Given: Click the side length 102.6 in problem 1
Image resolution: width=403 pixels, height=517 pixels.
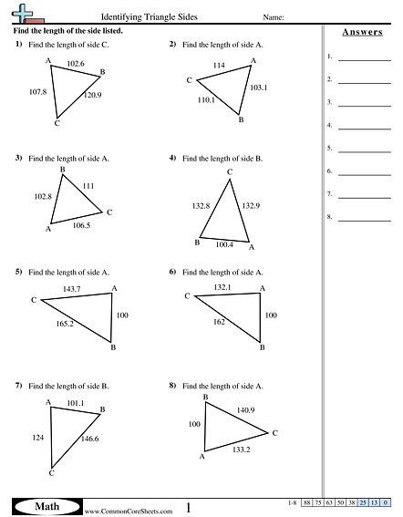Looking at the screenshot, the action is [x=76, y=64].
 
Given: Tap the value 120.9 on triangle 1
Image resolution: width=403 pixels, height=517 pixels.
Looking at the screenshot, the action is [x=92, y=95].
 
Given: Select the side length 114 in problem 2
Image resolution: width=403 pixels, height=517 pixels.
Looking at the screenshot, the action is [x=219, y=67].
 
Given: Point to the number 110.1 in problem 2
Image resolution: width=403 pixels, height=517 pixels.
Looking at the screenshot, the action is [x=206, y=99].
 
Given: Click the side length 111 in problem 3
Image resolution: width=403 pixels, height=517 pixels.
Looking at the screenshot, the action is [x=88, y=186].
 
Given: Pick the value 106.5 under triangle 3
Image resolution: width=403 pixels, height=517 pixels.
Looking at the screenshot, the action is [x=81, y=225].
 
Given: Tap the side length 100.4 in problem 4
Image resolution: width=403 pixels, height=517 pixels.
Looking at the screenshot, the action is [x=224, y=244].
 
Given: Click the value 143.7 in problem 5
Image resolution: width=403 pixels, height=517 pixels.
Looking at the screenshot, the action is [x=72, y=289].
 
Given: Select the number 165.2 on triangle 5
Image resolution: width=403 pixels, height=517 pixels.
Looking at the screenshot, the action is [x=64, y=324].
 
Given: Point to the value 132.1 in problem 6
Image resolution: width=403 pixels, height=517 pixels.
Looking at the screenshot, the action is [x=222, y=287].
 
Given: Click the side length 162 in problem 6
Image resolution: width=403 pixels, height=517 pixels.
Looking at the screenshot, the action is [x=219, y=321].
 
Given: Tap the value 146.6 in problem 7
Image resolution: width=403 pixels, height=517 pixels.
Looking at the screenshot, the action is [x=90, y=439].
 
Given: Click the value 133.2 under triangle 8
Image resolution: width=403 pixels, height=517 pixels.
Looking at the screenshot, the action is [x=240, y=450].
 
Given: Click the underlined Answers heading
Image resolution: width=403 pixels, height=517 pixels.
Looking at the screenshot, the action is [x=362, y=32].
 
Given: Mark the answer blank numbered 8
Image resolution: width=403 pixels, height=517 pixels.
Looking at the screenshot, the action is [x=364, y=218].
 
